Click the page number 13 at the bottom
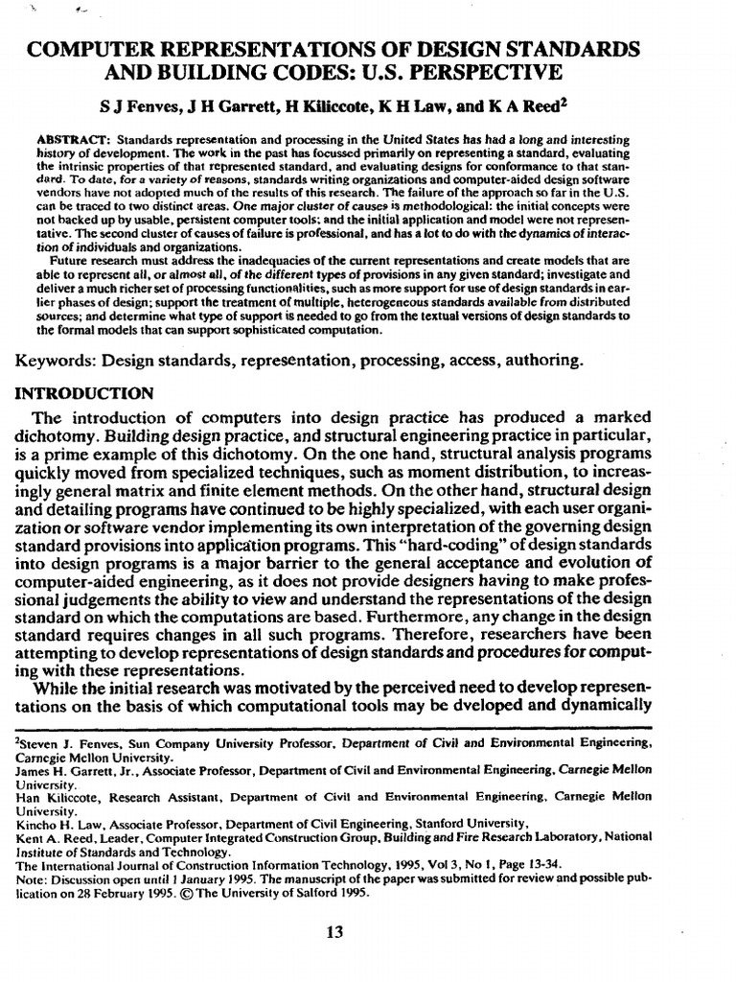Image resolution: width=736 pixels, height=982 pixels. [x=335, y=931]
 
